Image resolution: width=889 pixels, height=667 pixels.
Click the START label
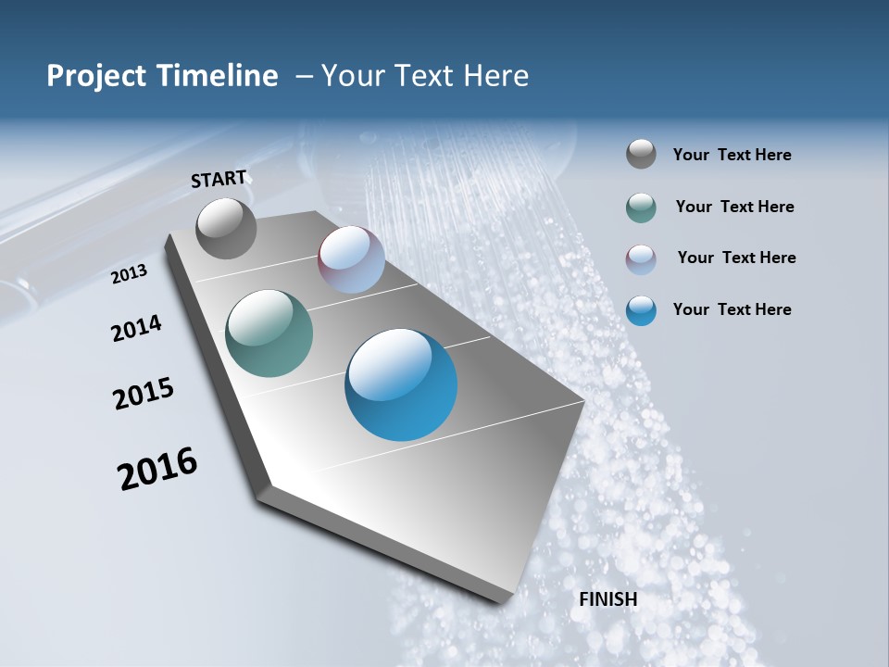[x=219, y=179]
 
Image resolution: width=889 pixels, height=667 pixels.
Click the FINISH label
[x=607, y=599]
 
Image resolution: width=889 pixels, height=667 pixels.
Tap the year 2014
[x=136, y=328]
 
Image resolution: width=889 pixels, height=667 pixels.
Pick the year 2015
[x=144, y=393]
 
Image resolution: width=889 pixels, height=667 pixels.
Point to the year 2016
[x=157, y=469]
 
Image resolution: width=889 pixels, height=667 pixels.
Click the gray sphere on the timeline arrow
[x=227, y=228]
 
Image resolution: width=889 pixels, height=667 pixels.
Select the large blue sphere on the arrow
[x=401, y=384]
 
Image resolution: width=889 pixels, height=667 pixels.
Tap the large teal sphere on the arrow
[x=269, y=333]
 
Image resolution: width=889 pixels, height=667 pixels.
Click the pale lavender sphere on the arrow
[x=352, y=259]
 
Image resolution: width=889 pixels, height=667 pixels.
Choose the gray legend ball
[x=641, y=155]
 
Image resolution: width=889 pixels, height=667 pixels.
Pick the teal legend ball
[x=641, y=208]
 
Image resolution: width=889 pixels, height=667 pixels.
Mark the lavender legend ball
[x=641, y=259]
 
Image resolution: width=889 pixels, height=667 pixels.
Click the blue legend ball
[x=641, y=310]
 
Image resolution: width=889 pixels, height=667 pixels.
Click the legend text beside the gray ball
[x=732, y=156]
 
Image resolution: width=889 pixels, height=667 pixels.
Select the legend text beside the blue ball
[x=732, y=309]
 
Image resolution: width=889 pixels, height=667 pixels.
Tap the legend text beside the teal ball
[x=734, y=207]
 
